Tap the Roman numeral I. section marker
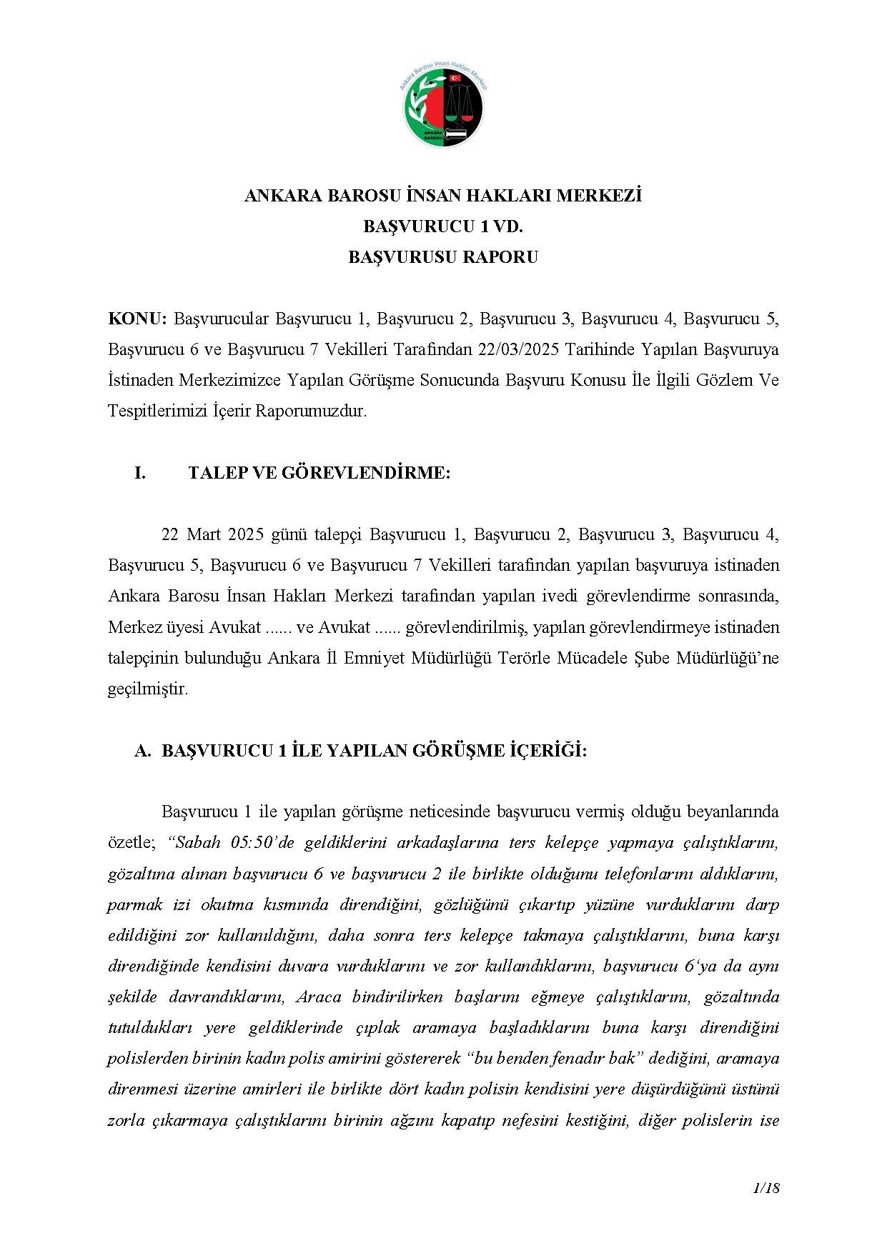tap(140, 472)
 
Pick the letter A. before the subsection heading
tap(142, 751)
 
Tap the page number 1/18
tap(766, 1188)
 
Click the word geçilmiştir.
tap(148, 689)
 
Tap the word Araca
tap(318, 997)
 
